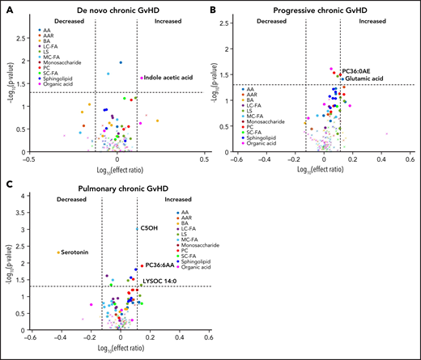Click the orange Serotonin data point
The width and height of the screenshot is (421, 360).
point(57,252)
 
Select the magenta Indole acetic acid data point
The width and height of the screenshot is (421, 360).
point(142,78)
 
